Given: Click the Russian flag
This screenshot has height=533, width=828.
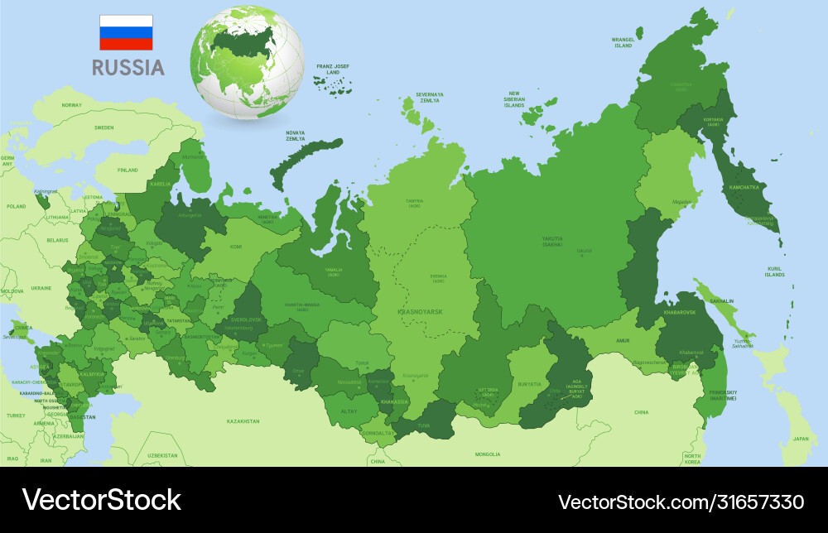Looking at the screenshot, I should (x=126, y=32).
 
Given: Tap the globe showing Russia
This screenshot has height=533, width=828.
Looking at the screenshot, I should (x=247, y=64).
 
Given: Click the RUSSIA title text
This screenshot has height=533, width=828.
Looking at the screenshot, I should (x=128, y=67).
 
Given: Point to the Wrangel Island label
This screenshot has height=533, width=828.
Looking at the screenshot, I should (x=623, y=42).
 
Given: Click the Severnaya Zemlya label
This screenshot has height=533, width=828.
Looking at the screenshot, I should (x=430, y=97).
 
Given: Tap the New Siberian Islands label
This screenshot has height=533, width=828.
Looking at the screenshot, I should (x=514, y=99).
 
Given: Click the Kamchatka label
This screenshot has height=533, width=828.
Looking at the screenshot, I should (x=744, y=187).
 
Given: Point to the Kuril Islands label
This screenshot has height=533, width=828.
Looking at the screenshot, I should (x=774, y=271).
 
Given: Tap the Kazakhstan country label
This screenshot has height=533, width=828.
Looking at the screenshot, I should (x=243, y=421).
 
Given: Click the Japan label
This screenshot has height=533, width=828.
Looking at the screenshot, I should (x=800, y=439).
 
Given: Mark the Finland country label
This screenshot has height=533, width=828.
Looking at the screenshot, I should (x=128, y=170).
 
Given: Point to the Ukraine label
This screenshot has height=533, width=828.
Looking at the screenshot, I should (x=41, y=287).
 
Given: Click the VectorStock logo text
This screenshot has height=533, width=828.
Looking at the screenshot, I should (x=101, y=500).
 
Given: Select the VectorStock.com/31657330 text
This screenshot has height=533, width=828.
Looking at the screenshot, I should (x=681, y=502).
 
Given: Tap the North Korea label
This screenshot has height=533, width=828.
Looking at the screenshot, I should (x=691, y=459).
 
